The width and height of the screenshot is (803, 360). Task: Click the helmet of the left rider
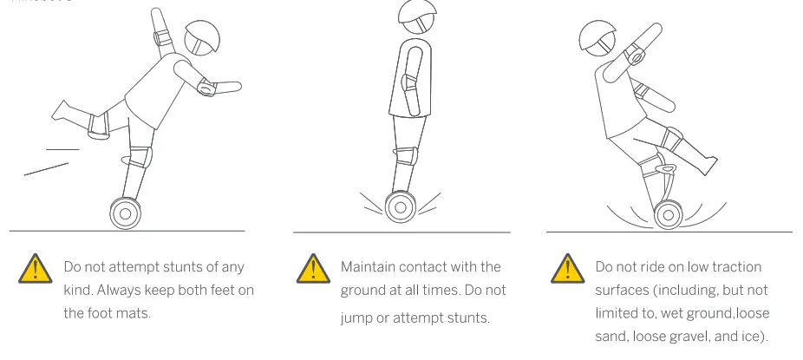coord(206,39)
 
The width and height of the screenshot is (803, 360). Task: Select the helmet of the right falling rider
coord(598,34)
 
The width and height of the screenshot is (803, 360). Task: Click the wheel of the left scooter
coord(125,213)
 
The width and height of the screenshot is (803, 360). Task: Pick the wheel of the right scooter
coord(668,214)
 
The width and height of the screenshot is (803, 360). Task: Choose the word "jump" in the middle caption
coord(357,317)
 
